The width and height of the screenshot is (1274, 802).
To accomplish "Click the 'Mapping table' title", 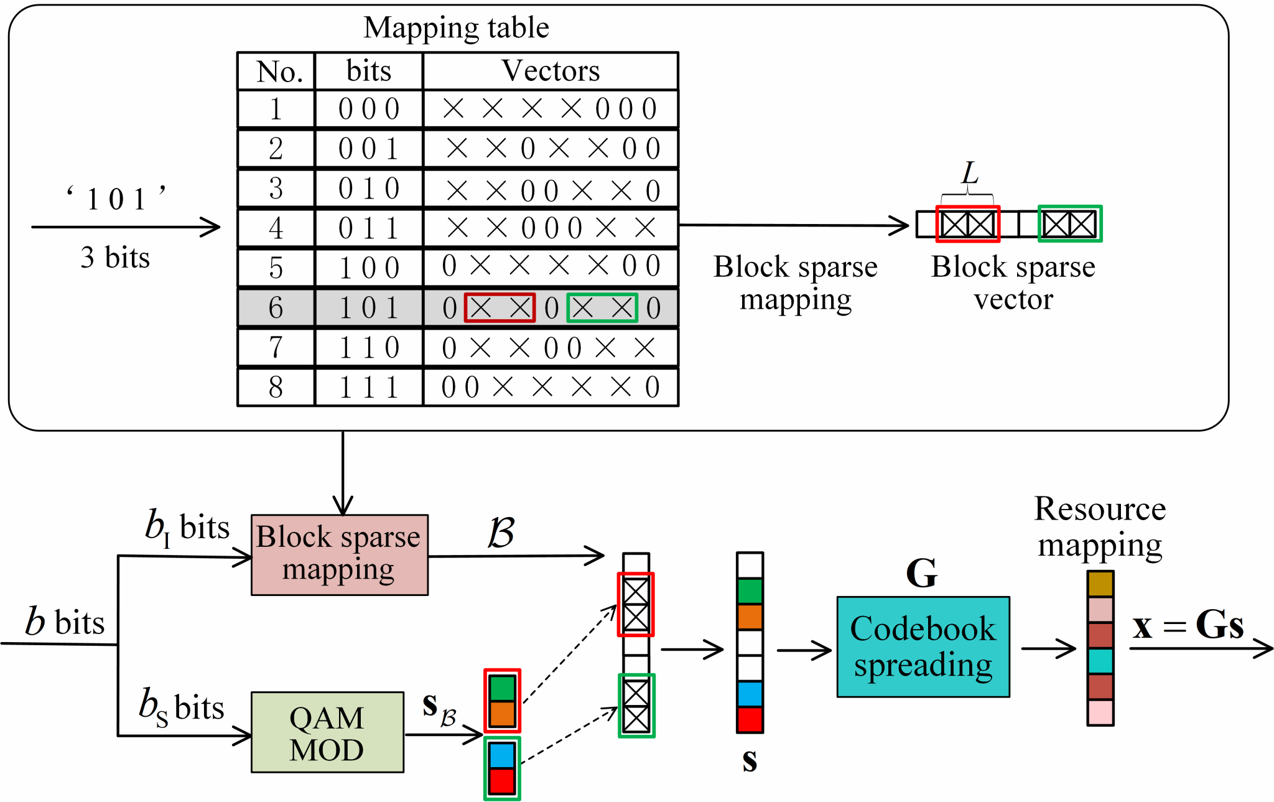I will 456,27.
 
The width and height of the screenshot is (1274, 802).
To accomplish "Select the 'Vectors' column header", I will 551,71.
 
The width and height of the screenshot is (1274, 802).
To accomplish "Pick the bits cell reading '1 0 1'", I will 369,308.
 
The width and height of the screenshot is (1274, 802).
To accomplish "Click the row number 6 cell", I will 276,308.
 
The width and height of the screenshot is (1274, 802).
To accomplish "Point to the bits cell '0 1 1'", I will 369,228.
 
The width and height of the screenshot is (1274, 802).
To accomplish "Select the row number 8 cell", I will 276,387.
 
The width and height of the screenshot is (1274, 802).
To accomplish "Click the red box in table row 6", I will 500,308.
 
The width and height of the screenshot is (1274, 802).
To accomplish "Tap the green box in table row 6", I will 602,308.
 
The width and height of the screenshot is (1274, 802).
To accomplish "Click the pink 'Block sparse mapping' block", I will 340,554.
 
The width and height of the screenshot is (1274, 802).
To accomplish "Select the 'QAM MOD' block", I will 327,732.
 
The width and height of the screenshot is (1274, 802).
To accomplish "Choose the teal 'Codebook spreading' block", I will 923,647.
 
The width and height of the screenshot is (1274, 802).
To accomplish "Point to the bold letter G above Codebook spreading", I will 921,572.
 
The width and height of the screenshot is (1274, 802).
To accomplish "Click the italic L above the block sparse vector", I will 969,173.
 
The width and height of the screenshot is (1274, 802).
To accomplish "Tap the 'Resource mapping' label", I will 1100,526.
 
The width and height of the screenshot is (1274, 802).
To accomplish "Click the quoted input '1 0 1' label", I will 116,199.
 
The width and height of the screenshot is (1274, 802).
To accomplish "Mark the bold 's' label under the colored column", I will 750,760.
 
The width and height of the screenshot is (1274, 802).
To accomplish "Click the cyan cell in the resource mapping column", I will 1100,661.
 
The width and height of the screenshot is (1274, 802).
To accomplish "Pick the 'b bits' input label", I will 65,622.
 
